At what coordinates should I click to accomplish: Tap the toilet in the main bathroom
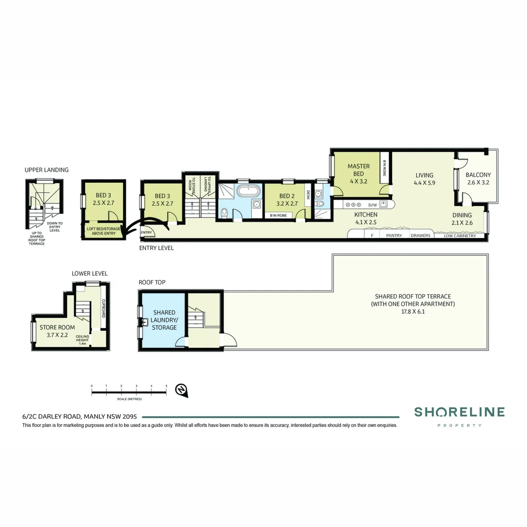tap(224, 212)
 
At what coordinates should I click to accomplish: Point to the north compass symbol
tap(182, 389)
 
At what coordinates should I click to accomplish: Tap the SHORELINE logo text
tap(459, 412)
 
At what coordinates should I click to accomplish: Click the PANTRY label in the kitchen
tap(394, 236)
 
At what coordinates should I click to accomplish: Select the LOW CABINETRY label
tap(460, 236)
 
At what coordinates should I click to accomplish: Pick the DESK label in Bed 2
tap(308, 195)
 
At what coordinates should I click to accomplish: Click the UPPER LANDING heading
tap(46, 170)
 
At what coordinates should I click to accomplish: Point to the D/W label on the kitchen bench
tap(372, 205)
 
